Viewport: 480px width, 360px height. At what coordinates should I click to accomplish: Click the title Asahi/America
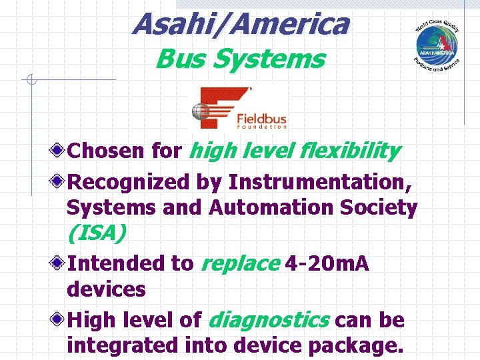(240, 25)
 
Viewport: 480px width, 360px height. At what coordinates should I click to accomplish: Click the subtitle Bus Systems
(240, 59)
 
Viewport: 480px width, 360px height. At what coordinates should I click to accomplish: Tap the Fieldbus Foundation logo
(239, 108)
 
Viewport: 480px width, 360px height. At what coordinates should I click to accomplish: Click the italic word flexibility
(351, 151)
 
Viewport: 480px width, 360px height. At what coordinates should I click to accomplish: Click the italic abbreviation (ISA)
(96, 234)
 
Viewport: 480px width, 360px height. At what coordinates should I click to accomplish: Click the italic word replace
(239, 263)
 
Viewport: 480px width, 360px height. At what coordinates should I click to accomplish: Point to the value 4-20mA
(327, 263)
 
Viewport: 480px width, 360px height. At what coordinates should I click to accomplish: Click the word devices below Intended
(106, 289)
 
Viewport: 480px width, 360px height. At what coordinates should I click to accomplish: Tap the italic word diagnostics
(268, 320)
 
